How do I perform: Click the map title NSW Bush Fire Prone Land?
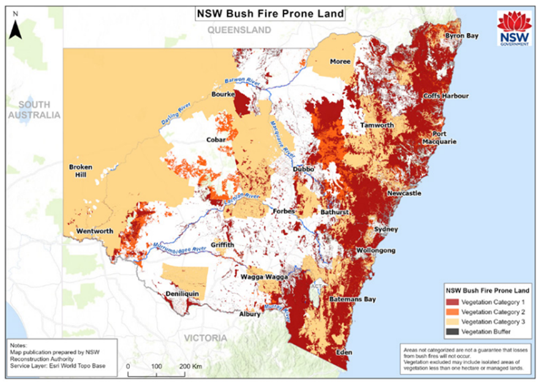point(269,13)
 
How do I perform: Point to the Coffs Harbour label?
point(445,96)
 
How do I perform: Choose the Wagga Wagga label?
point(268,277)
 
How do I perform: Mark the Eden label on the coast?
point(344,353)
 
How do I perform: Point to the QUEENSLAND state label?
point(239,30)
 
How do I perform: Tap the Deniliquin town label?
point(183,294)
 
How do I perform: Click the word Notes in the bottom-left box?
point(19,345)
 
